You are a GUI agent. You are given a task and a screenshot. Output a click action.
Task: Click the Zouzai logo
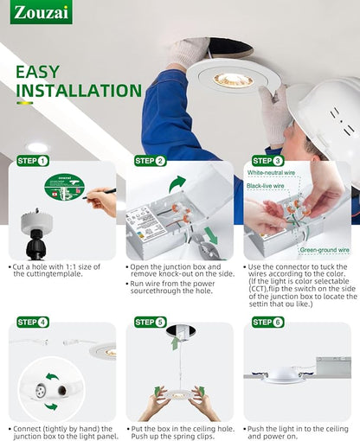[x=42, y=12]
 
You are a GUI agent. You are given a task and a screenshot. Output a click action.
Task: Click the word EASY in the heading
[x=37, y=72]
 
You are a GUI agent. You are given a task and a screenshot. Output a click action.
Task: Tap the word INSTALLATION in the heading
[x=79, y=91]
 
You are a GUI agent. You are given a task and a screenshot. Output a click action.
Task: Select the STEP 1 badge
[x=33, y=161]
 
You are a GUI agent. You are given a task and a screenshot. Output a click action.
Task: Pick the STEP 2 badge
[x=151, y=161]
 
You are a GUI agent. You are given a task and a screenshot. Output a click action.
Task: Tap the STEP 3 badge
[x=268, y=161]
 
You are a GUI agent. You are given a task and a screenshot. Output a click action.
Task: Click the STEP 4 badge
[x=33, y=322]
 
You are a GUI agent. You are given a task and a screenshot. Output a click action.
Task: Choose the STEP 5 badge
[x=151, y=322]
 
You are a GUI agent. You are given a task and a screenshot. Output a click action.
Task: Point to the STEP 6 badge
[x=268, y=322]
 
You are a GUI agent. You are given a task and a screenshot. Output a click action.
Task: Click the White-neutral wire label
[x=271, y=173]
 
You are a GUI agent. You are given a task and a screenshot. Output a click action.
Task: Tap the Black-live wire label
[x=266, y=186]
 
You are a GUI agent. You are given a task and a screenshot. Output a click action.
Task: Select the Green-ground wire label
[x=325, y=250]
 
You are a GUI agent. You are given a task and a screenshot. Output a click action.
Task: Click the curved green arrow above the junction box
[x=177, y=183]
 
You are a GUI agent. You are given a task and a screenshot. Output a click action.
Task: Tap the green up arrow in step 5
[x=175, y=343]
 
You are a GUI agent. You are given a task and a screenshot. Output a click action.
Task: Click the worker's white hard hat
[x=327, y=115]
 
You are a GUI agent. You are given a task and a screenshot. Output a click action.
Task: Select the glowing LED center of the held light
[x=233, y=80]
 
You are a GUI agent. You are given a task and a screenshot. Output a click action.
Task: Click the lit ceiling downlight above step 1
[x=37, y=148]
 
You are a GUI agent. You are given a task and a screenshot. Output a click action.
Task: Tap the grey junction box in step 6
[x=333, y=367]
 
